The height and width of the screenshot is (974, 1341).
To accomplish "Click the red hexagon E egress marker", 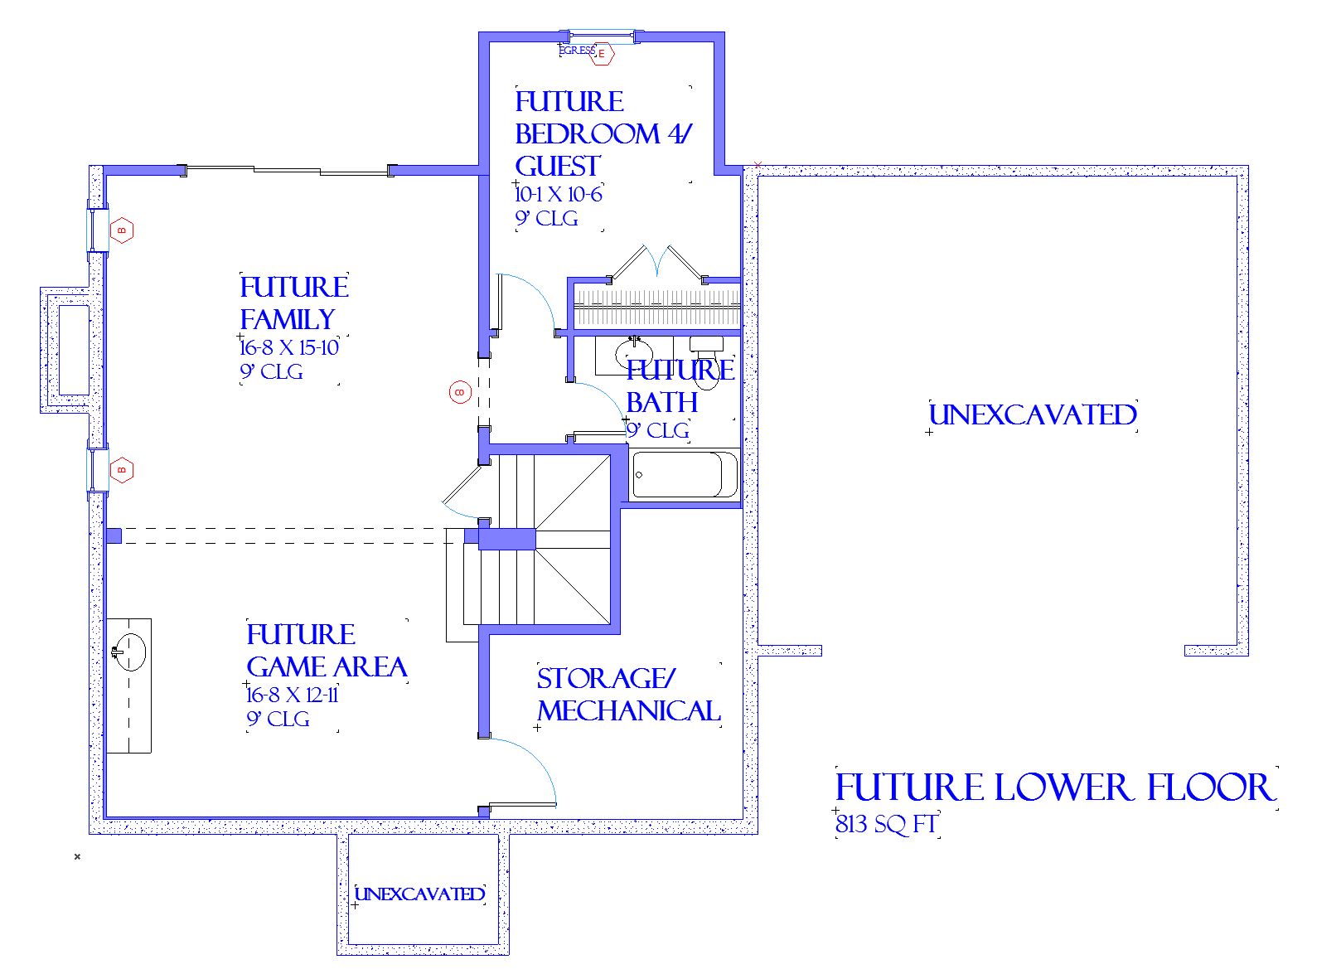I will point(603,55).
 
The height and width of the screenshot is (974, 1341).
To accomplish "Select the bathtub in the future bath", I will point(684,474).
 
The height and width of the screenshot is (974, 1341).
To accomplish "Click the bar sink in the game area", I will point(128,652).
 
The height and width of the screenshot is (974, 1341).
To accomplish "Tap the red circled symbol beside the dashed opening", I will point(460,392).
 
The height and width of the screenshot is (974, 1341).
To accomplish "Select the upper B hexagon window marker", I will point(122,230).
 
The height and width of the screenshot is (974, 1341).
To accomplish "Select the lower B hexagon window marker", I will point(122,470).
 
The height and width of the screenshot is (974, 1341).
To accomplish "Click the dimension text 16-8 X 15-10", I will point(289,347).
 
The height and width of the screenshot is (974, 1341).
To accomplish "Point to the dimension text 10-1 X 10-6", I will point(558,195).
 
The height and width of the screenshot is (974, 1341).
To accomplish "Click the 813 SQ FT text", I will point(886,825).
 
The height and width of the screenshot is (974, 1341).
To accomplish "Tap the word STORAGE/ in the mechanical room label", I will point(606,679).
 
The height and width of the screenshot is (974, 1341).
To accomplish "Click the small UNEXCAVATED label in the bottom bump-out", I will point(419,894).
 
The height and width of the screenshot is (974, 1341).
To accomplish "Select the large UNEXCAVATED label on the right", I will point(1032,415).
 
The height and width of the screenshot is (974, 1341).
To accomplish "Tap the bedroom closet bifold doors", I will point(657,260).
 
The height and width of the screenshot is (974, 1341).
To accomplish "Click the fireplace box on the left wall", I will point(73,350).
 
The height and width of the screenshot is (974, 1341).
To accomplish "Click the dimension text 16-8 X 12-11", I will point(293,695).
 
